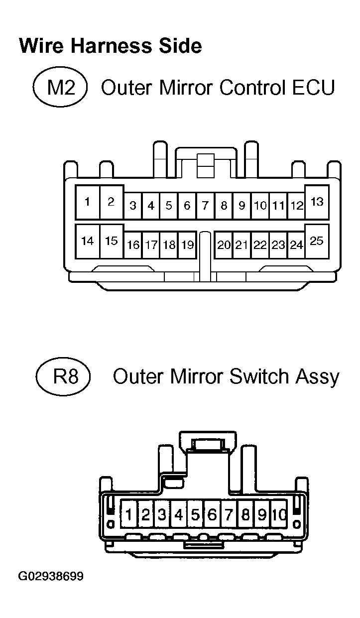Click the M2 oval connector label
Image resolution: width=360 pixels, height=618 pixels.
60,88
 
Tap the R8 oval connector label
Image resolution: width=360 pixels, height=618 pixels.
63,376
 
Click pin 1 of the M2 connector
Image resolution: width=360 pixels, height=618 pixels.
87,202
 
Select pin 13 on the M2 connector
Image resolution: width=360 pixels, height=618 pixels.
317,202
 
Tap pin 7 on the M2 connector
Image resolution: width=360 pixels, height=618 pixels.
205,205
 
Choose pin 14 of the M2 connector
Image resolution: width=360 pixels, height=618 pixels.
87,241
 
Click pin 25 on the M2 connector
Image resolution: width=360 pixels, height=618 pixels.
317,241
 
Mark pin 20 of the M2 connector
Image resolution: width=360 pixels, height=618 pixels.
224,245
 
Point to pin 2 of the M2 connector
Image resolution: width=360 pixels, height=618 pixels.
111,202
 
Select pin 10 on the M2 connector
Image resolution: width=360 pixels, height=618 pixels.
260,205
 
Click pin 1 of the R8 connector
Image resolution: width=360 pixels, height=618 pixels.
129,514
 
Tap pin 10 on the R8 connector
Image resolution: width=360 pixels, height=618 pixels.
279,514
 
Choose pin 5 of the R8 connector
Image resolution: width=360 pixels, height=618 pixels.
195,514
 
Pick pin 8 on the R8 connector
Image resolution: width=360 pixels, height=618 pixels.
245,514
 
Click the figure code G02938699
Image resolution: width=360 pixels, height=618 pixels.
51,577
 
